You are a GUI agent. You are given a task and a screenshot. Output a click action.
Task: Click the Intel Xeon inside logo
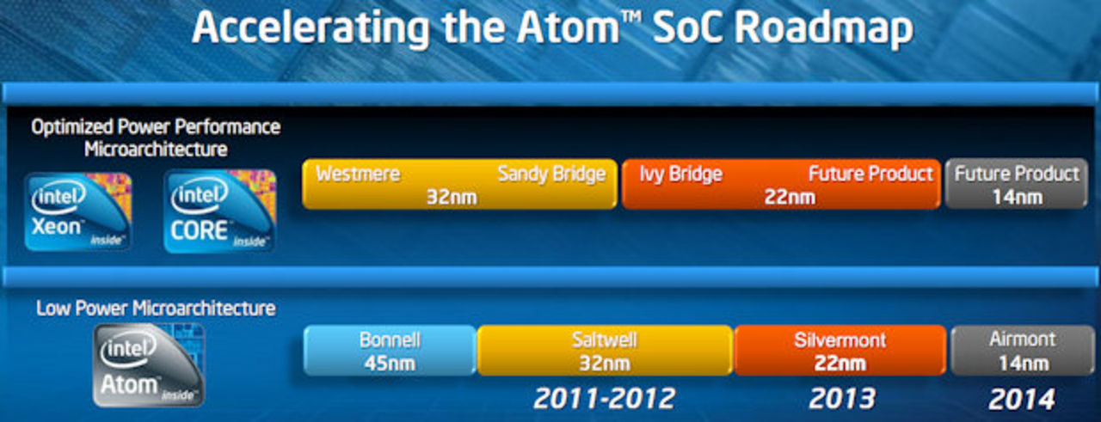[x=78, y=211]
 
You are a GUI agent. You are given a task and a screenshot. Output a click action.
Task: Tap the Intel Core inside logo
[x=219, y=211]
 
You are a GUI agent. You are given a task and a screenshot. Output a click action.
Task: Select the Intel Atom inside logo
[x=149, y=365]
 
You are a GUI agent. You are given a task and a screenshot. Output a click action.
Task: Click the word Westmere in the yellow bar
[x=358, y=174]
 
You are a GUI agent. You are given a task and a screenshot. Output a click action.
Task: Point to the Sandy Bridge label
[x=551, y=174]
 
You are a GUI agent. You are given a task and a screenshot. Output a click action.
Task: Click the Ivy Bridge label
[x=680, y=174]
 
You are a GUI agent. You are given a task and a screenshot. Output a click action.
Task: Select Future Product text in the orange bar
[x=870, y=174]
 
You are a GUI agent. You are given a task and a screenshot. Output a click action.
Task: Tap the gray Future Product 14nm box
[x=1016, y=184]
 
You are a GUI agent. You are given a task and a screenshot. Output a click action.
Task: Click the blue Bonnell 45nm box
[x=390, y=351]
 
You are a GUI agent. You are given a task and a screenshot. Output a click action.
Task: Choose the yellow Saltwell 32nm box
[x=605, y=351]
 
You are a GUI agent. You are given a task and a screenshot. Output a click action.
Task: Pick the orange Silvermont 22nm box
[x=840, y=351]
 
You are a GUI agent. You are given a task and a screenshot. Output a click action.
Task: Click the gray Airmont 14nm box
[x=1024, y=351]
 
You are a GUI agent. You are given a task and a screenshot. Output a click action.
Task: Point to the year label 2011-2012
[x=605, y=399]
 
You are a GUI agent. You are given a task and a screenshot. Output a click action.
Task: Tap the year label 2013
[x=842, y=399]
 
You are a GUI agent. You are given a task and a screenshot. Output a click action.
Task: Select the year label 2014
[x=1022, y=399]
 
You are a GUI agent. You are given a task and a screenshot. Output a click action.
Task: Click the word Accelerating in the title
[x=311, y=29]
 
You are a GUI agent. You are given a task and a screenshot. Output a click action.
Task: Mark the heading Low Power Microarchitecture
[x=156, y=309]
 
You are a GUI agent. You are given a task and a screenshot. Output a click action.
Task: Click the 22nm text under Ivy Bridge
[x=790, y=198]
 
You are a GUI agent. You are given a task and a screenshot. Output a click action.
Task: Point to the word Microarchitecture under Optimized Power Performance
[x=156, y=149]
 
